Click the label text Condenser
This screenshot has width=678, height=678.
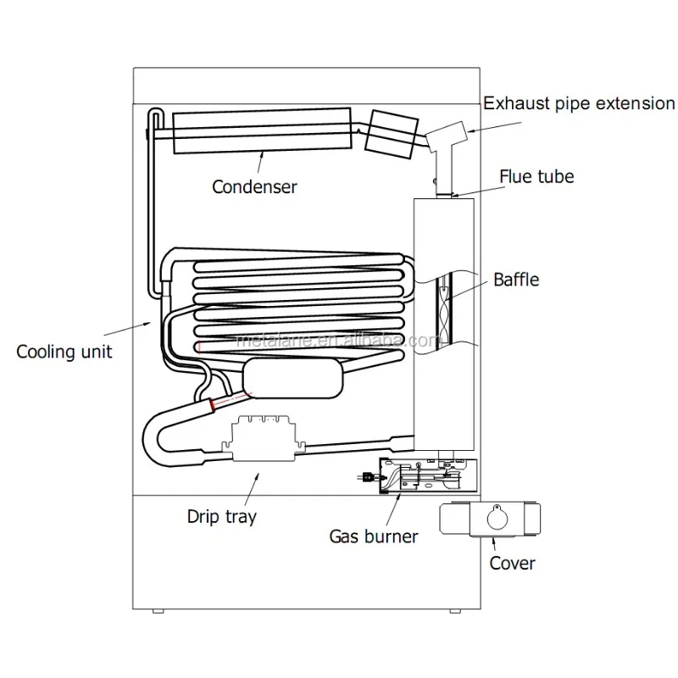point(254,186)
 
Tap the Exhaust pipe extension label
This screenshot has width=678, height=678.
point(579,103)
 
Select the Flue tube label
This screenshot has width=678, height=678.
point(536,176)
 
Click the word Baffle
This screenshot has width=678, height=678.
point(516,279)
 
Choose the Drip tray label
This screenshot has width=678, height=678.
point(222,515)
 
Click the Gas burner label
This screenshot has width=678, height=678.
point(373,536)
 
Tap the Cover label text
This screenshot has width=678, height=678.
point(512,562)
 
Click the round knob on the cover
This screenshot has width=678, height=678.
point(492,516)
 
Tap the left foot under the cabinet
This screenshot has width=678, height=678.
point(158,611)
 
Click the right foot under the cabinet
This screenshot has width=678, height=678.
point(456,611)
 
